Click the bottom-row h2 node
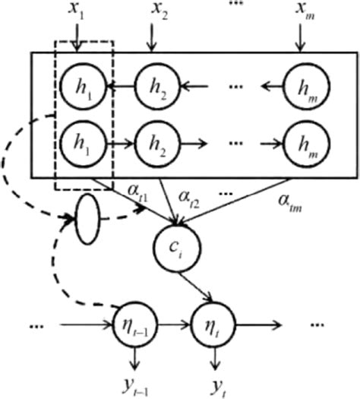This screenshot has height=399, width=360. [x=154, y=142]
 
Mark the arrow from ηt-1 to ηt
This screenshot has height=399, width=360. [x=172, y=328]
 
